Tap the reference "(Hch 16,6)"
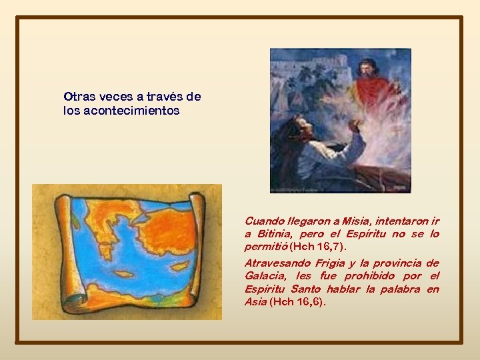(x=298, y=302)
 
